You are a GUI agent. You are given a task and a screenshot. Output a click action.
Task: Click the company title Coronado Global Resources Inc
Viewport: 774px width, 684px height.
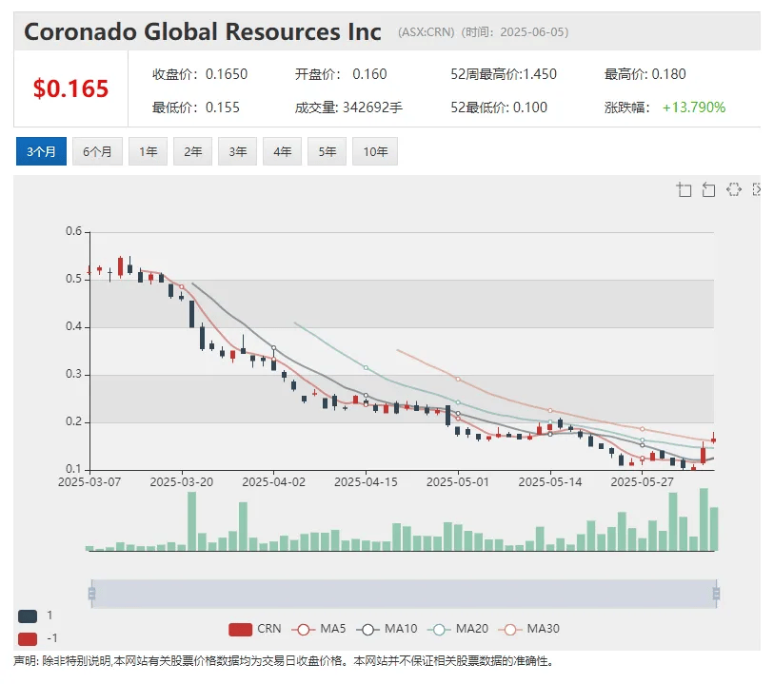coord(202,30)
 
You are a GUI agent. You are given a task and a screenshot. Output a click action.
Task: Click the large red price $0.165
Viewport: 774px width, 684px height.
coord(70,88)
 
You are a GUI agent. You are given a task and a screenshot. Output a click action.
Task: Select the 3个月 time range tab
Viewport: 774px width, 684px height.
coord(41,151)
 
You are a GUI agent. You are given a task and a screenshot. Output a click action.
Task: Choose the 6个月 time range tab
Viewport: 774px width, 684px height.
coord(97,151)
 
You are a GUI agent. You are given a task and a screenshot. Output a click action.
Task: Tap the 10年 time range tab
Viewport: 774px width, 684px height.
coord(374,151)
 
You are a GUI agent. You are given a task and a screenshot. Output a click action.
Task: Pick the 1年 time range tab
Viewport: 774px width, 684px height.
coord(149,151)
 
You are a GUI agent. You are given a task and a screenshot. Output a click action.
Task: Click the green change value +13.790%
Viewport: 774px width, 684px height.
coord(694,107)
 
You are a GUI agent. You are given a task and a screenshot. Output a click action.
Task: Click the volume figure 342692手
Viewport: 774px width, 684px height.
coord(372,107)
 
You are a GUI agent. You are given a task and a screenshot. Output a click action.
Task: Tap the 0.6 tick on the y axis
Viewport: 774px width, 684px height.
coord(73,231)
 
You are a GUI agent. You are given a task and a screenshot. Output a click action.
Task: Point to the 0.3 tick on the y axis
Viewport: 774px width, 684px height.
coord(73,374)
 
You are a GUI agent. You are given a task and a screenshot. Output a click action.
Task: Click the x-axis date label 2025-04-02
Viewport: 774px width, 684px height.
coord(273,481)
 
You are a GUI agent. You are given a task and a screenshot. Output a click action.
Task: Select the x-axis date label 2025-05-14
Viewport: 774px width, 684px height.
coord(549,481)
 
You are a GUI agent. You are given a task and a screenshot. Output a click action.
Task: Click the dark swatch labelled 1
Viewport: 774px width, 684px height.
coord(28,616)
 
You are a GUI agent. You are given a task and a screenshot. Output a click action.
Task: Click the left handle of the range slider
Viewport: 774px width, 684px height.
coord(91,594)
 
